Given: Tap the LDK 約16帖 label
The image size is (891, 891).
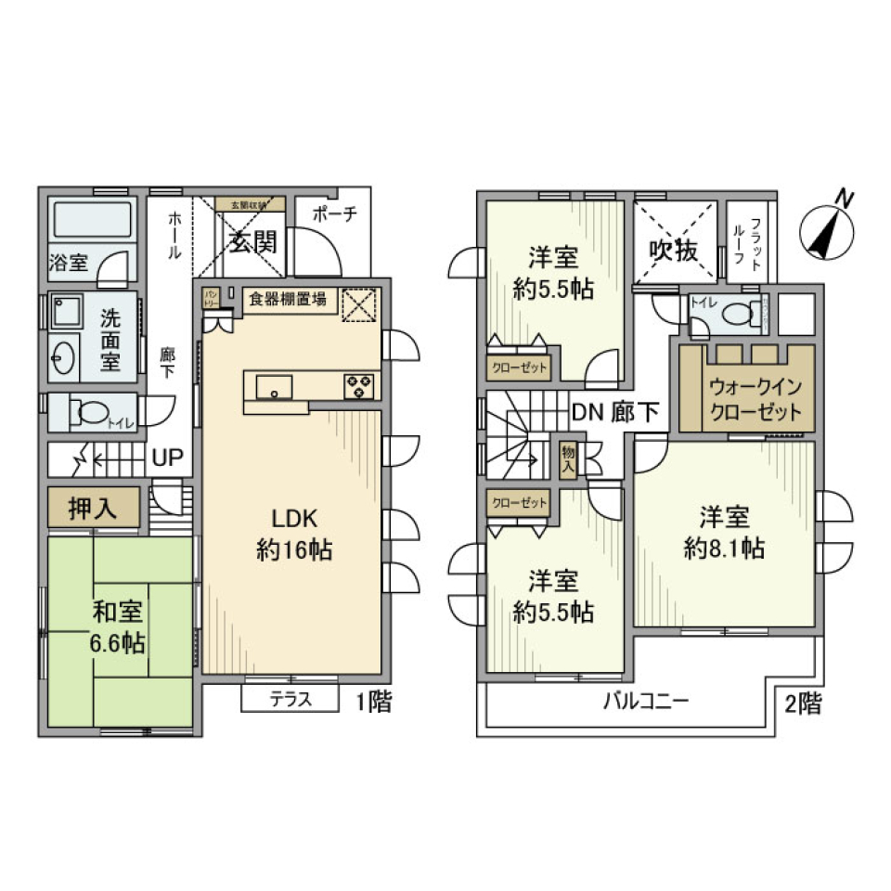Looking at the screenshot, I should [295, 534].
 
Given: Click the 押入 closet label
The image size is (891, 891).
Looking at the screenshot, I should [93, 508].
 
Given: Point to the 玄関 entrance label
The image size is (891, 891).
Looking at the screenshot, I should [253, 243].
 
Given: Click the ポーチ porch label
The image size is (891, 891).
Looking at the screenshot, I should [334, 213].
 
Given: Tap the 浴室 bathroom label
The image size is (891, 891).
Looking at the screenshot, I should [69, 263].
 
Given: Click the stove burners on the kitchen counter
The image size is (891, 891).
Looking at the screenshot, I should [358, 385].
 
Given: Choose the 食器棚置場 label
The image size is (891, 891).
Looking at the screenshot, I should [287, 299].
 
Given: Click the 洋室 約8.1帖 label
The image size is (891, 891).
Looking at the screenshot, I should [724, 533].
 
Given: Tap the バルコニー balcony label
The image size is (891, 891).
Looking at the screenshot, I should [646, 701].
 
